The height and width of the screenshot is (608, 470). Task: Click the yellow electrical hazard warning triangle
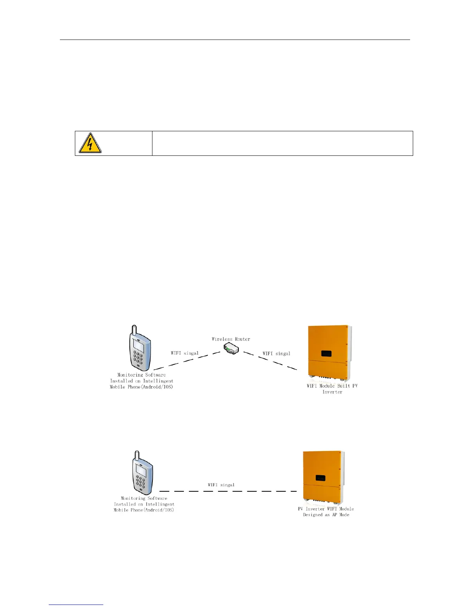point(90,144)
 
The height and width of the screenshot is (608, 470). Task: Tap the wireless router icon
point(232,349)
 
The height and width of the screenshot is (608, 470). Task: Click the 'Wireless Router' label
point(231,339)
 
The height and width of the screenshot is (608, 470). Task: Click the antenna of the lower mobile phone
point(135,455)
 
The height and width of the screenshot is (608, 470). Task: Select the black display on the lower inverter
point(320,478)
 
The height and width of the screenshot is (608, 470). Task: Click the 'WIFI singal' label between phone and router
point(185,353)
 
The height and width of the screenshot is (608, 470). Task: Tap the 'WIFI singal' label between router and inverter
point(276,354)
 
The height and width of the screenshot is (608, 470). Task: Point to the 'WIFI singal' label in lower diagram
point(221,485)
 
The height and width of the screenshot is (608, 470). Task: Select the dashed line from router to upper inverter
point(270,361)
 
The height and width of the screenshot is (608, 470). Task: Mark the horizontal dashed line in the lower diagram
point(228,491)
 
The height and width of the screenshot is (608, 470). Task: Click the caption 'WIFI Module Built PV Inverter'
point(332,389)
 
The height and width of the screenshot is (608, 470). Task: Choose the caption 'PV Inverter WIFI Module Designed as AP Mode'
point(326,512)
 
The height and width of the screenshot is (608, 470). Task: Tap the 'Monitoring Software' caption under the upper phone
point(141,381)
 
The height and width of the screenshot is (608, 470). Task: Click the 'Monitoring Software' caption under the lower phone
point(144,504)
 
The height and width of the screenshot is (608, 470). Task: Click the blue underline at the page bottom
point(76,605)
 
